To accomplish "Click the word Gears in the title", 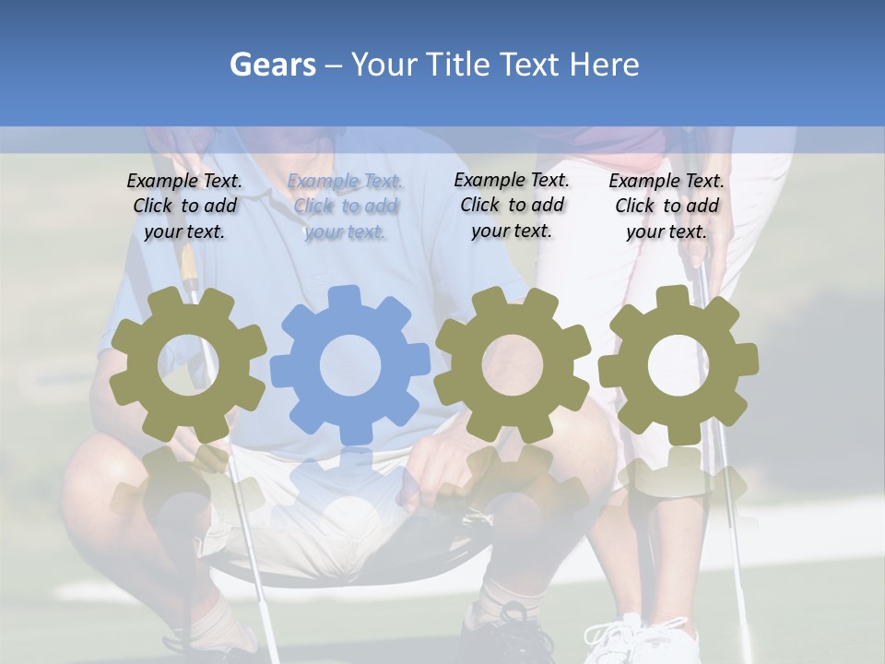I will point(273,65).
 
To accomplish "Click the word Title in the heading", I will point(458,65).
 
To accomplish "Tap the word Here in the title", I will point(604,65).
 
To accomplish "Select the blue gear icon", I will point(350,365).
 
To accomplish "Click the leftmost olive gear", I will point(188,365).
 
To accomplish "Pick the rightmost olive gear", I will point(678,365).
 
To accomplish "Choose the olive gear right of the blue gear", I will point(513,365).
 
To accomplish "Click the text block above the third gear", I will point(512,205).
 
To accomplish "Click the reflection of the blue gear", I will point(350,489).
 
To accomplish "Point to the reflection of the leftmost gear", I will point(188,489).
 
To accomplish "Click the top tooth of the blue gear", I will point(344,297).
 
